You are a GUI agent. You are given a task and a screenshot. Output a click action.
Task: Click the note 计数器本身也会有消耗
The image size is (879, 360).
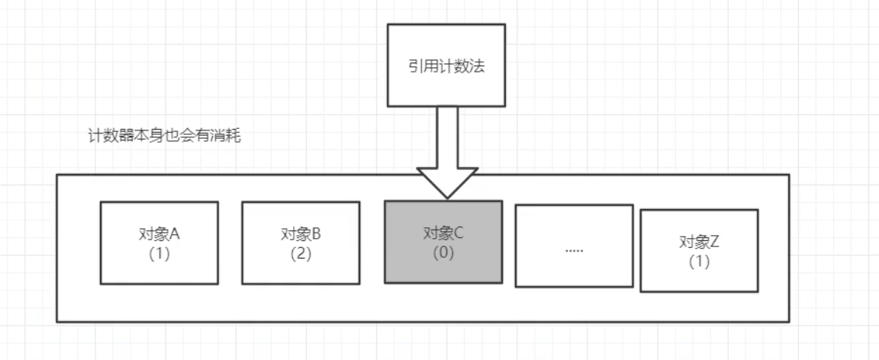165,137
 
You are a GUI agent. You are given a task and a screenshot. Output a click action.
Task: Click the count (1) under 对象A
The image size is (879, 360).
159,253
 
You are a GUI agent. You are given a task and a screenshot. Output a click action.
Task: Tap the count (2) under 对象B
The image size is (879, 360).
301,253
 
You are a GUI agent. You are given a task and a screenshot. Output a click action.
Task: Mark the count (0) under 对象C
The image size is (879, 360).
443,252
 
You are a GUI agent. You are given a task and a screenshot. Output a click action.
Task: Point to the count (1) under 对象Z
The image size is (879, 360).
699,262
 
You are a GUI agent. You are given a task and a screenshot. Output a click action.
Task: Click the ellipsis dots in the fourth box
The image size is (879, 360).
574,247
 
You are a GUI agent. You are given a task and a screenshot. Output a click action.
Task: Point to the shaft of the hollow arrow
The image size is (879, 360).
447,137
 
